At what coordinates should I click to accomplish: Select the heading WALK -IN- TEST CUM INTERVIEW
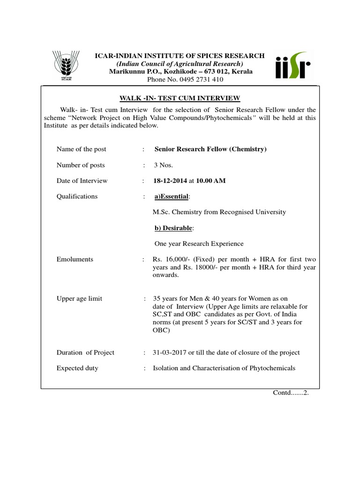click(180, 98)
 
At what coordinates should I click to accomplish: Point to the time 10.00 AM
click(210, 181)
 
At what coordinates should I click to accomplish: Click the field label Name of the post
click(81, 150)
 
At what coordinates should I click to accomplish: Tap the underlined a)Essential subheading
click(171, 196)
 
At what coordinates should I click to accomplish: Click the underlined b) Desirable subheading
click(173, 228)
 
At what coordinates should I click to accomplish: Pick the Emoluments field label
click(75, 260)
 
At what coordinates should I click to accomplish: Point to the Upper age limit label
click(79, 299)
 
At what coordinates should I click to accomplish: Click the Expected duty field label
click(77, 368)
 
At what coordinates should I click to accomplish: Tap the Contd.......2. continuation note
click(291, 393)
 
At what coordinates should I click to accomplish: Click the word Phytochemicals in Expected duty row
click(270, 368)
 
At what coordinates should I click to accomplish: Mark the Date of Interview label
click(82, 181)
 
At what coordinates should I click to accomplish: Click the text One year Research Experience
click(199, 244)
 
